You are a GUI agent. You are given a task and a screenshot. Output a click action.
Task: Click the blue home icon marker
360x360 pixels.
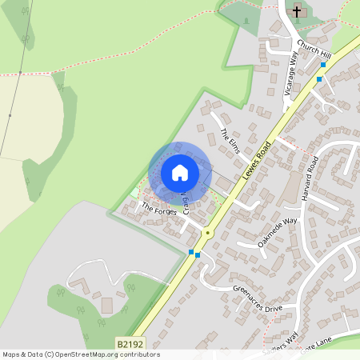[180, 172]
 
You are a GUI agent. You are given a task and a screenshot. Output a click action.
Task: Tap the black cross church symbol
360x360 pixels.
[298, 11]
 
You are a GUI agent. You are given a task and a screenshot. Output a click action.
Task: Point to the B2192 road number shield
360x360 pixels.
[130, 344]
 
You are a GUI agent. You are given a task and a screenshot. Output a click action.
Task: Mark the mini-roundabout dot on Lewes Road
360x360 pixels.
[208, 233]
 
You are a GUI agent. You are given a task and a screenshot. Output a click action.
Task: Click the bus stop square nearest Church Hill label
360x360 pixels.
[324, 64]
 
